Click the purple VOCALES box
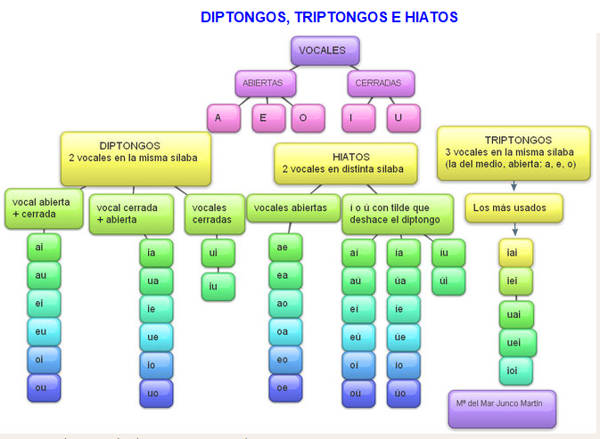point(323,52)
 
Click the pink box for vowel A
point(222,118)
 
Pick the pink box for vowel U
point(403,118)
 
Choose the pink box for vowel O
point(303,118)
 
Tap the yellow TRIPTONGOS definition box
point(514,151)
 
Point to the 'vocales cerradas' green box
point(215,214)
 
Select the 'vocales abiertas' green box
point(292,207)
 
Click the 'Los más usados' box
point(515,208)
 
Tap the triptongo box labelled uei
point(516,343)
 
